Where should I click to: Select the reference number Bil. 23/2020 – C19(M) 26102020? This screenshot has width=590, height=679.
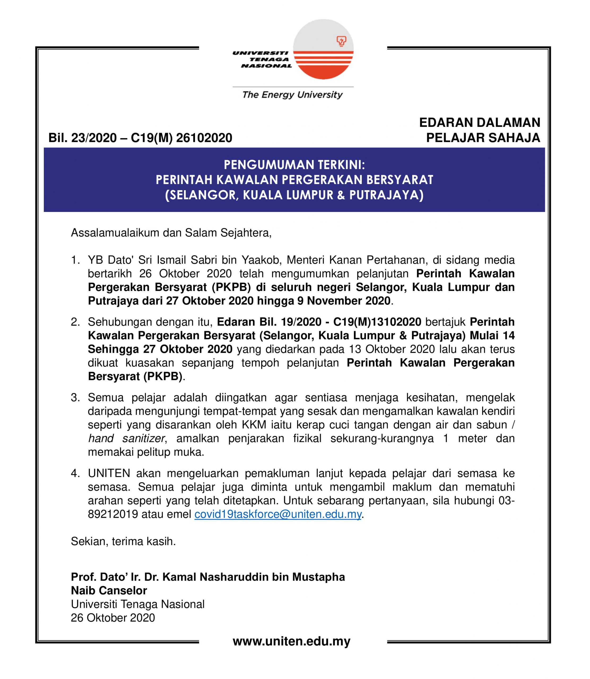140,138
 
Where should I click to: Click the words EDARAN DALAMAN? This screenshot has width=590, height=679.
480,123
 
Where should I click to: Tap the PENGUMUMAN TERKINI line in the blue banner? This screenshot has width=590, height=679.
294,164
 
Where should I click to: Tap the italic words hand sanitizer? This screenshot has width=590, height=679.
127,438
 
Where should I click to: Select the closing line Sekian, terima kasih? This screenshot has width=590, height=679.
123,541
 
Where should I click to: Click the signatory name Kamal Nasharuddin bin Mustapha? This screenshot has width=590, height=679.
254,577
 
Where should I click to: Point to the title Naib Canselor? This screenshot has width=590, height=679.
109,590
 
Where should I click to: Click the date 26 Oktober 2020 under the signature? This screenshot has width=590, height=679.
112,618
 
